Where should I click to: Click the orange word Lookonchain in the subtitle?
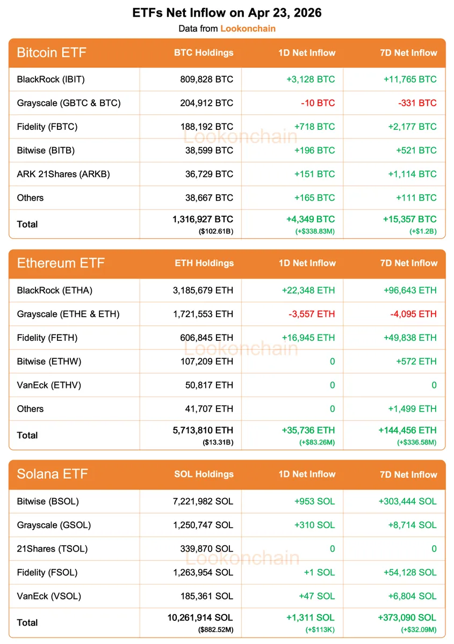click(248, 28)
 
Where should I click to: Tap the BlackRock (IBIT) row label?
click(51, 79)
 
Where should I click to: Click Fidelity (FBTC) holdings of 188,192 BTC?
click(207, 127)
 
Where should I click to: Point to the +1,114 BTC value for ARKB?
click(410, 174)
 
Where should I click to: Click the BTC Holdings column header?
click(204, 53)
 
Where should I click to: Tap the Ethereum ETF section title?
click(61, 263)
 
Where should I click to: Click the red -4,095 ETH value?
click(413, 314)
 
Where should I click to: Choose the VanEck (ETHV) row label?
click(49, 385)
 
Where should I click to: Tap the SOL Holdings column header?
click(204, 474)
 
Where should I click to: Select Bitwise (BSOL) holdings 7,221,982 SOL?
click(203, 501)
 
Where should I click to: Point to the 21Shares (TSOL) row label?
click(52, 548)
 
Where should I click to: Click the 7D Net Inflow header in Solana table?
click(408, 474)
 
